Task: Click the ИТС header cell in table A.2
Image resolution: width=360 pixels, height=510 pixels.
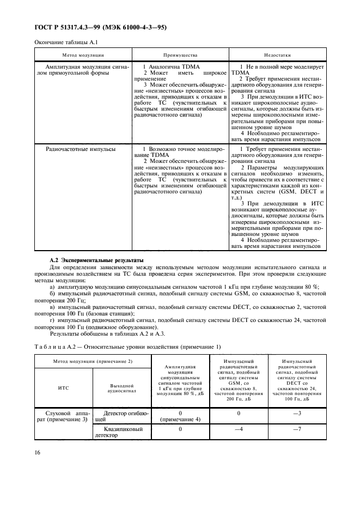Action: pos(63,388)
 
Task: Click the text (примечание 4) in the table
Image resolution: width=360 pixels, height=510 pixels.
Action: pos(180,420)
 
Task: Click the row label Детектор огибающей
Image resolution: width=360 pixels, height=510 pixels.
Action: pos(121,417)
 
